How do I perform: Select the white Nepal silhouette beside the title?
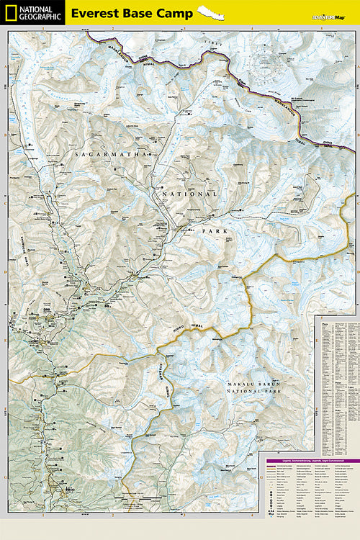pyautogui.click(x=211, y=13)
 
